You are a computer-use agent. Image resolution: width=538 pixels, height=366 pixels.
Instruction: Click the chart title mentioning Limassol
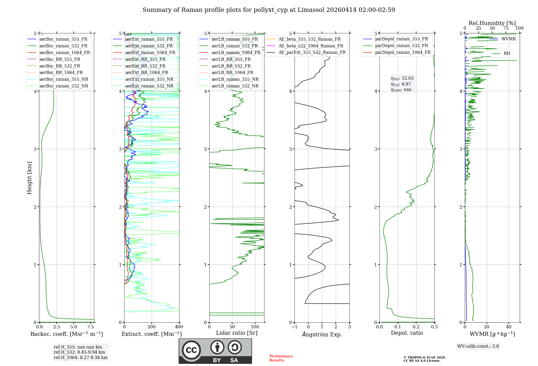pyautogui.click(x=269, y=10)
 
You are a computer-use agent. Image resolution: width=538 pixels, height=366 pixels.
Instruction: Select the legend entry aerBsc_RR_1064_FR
pyautogui.click(x=61, y=73)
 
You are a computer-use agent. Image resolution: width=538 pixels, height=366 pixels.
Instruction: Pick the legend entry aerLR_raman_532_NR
pyautogui.click(x=235, y=86)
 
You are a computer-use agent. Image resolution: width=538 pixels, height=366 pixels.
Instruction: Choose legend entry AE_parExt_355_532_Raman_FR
pyautogui.click(x=312, y=52)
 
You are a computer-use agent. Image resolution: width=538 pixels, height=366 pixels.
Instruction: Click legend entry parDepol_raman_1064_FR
pyautogui.click(x=403, y=52)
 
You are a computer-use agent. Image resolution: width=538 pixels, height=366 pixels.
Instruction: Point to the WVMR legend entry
pyautogui.click(x=508, y=39)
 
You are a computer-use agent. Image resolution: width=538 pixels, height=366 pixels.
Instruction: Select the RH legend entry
pyautogui.click(x=507, y=54)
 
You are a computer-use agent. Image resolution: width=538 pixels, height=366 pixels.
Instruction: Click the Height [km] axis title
pyautogui.click(x=29, y=178)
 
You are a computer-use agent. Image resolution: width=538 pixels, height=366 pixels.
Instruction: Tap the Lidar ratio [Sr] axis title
pyautogui.click(x=237, y=333)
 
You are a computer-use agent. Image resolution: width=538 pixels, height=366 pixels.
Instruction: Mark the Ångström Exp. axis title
pyautogui.click(x=322, y=335)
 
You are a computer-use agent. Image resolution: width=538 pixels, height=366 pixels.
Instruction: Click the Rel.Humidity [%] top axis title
pyautogui.click(x=492, y=23)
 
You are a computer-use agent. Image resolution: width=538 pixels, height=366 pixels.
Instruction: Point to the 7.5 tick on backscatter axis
pyautogui.click(x=91, y=327)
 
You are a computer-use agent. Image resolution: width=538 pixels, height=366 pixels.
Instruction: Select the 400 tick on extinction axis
pyautogui.click(x=179, y=327)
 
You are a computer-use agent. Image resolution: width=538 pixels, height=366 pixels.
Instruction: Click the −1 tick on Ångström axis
pyautogui.click(x=294, y=327)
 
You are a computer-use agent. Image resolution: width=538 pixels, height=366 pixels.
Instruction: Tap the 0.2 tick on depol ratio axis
pyautogui.click(x=416, y=327)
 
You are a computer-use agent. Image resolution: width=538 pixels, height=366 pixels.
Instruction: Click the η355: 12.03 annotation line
pyautogui.click(x=402, y=78)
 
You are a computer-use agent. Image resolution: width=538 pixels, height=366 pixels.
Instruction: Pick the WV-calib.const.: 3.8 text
pyautogui.click(x=478, y=346)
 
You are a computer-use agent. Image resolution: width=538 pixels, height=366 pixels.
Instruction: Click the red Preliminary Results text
pyautogui.click(x=281, y=358)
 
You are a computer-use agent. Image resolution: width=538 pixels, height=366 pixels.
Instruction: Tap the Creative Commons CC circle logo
pyautogui.click(x=191, y=350)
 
